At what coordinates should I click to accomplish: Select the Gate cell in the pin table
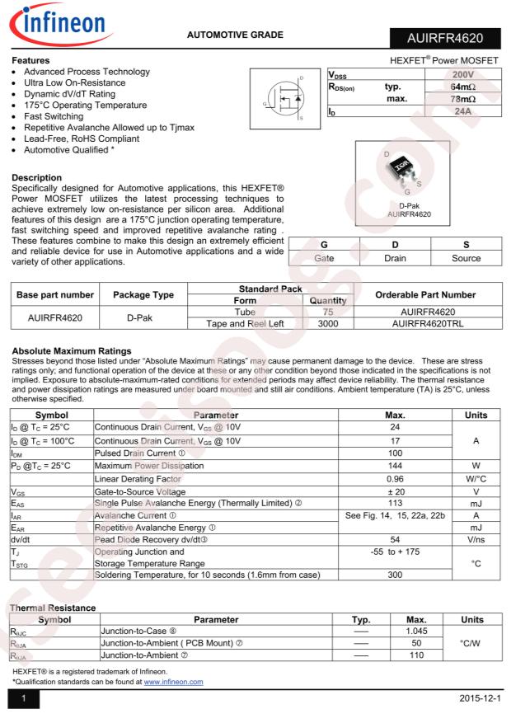(323, 258)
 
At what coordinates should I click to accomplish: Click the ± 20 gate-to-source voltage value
(395, 491)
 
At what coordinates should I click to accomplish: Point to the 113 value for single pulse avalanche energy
(395, 503)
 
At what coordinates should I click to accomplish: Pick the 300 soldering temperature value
(395, 575)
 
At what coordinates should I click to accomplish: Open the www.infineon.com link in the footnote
(173, 682)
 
